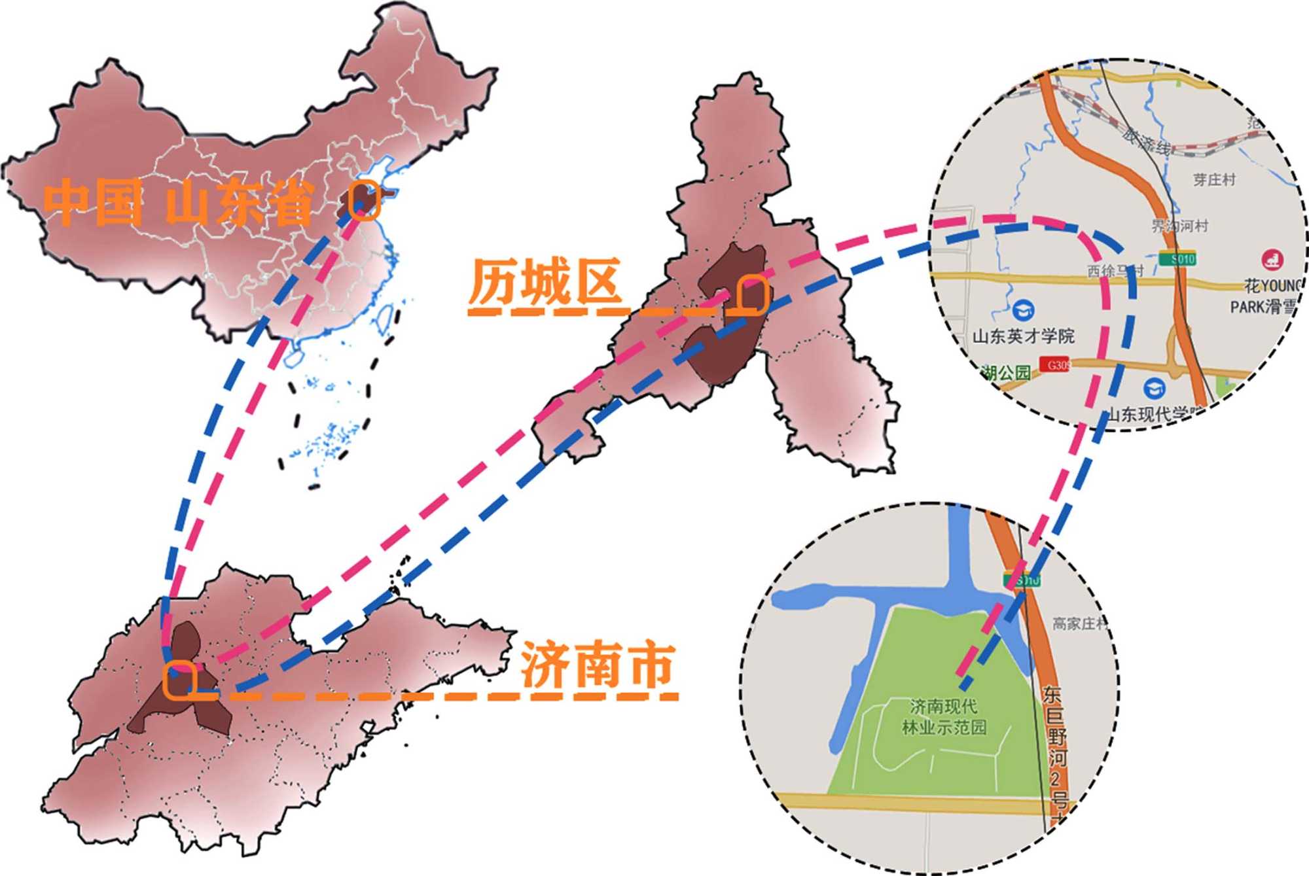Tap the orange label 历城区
tap(545, 283)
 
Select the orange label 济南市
tap(597, 666)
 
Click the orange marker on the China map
tap(364, 200)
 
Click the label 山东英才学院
tap(1023, 336)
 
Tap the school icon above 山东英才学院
tap(1022, 309)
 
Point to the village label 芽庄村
tap(1214, 179)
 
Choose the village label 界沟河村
tap(1179, 226)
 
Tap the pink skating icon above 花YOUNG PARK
tap(1272, 259)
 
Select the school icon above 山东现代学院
tap(1154, 389)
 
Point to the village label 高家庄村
tap(1080, 623)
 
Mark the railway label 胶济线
tap(1146, 142)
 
